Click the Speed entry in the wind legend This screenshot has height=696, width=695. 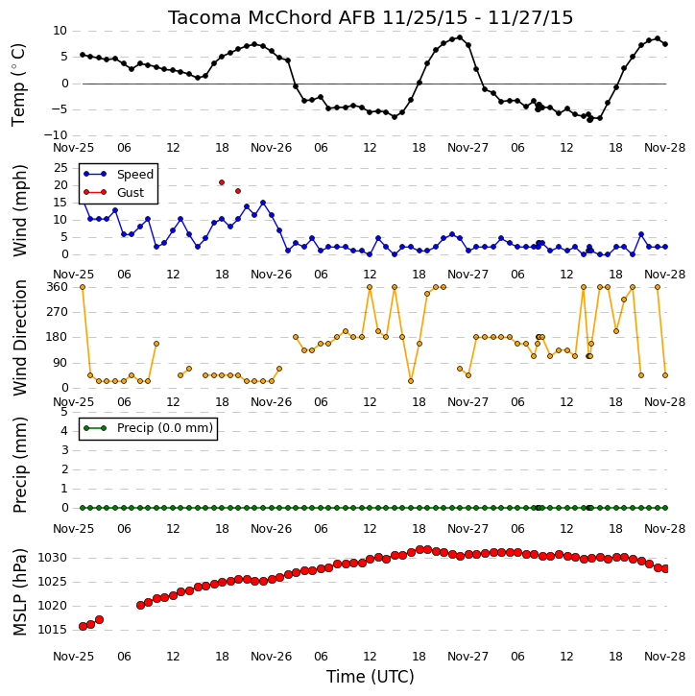[x=135, y=175]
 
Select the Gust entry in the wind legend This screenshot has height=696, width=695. [x=131, y=193]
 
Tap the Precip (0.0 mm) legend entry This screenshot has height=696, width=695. [x=165, y=428]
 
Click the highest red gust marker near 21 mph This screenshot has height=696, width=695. [x=222, y=182]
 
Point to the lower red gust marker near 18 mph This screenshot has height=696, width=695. [x=238, y=191]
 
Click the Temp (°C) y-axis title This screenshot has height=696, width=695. [x=18, y=85]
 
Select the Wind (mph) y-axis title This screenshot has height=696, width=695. [x=19, y=210]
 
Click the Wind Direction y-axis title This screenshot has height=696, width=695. [x=19, y=338]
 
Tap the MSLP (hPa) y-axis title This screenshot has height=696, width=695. [x=19, y=592]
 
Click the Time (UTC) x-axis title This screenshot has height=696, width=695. [x=371, y=677]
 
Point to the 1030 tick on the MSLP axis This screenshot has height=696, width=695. [x=52, y=558]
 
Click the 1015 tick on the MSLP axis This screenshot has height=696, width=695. [x=52, y=630]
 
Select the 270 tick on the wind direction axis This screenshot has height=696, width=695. [x=58, y=312]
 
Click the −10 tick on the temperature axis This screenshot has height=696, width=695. [x=54, y=135]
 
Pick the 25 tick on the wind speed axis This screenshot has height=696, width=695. [x=60, y=168]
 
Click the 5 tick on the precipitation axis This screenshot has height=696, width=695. [x=64, y=412]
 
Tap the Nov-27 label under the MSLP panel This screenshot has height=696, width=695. [x=467, y=657]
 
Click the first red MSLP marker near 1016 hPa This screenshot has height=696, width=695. [x=83, y=626]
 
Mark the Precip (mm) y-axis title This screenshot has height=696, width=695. [x=19, y=466]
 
